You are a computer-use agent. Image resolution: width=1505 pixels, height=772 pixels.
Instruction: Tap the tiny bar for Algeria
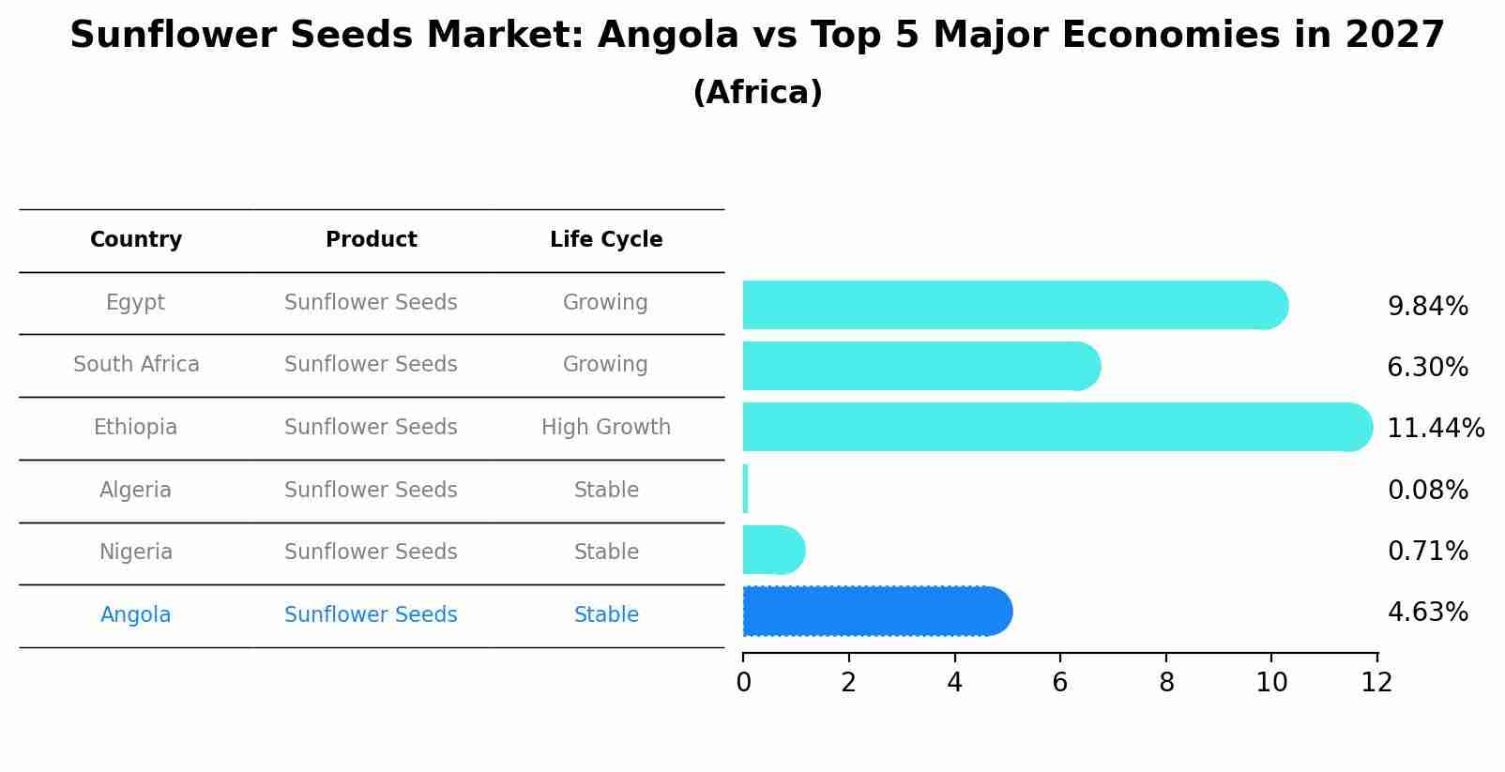coord(745,489)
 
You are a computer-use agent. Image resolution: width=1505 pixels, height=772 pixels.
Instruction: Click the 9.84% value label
coord(1427,307)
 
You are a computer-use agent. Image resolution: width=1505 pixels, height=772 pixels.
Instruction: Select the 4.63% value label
coord(1427,613)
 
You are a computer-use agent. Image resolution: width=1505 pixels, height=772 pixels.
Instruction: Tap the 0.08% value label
coord(1427,491)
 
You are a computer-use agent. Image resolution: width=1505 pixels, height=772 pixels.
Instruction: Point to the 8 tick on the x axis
coord(1166,683)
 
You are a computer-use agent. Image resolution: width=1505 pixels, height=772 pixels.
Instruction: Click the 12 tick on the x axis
coord(1376,683)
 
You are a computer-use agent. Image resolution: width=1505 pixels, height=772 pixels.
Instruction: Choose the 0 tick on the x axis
coord(743,683)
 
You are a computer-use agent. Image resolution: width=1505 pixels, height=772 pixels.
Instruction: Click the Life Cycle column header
coord(606,240)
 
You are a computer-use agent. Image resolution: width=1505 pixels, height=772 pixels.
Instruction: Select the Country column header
coord(136,240)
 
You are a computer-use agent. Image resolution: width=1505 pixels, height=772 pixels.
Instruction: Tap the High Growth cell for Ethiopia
coord(606,428)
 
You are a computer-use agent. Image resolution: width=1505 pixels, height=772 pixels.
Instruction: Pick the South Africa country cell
coord(136,365)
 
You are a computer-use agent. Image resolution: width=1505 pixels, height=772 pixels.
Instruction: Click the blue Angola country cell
coord(136,615)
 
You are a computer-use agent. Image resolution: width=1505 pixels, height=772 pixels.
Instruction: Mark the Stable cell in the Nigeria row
coord(606,553)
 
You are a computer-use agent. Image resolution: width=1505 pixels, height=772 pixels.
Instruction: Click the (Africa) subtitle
coord(757,93)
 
